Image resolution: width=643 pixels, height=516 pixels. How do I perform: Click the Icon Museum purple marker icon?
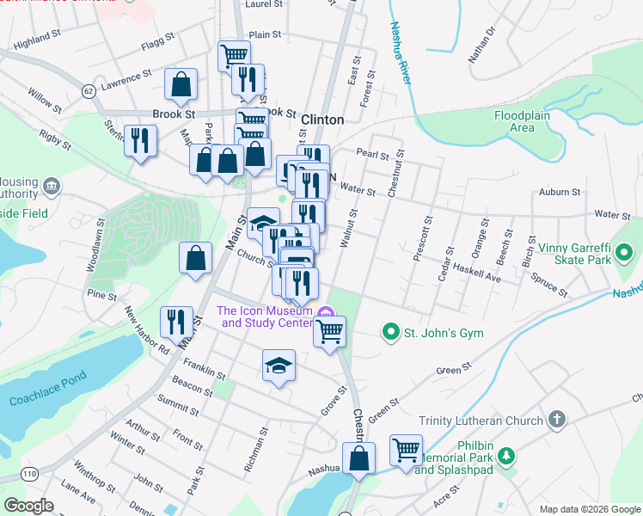[x=324, y=311]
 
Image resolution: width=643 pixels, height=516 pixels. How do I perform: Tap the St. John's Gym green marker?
[x=390, y=332]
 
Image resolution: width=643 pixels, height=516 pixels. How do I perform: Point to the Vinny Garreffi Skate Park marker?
[x=625, y=254]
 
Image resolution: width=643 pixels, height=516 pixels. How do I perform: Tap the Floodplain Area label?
[x=526, y=121]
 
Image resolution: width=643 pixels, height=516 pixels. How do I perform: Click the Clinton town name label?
[x=322, y=120]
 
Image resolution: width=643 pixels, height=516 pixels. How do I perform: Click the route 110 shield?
[x=29, y=475]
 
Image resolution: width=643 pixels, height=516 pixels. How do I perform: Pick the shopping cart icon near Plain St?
[x=233, y=55]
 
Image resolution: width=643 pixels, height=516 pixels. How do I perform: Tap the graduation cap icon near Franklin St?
[x=279, y=365]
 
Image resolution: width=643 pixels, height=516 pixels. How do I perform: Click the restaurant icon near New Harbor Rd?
[x=176, y=321]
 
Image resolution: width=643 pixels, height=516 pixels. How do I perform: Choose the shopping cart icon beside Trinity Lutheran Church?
[x=405, y=449]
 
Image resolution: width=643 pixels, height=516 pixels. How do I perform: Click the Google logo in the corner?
[x=28, y=506]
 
